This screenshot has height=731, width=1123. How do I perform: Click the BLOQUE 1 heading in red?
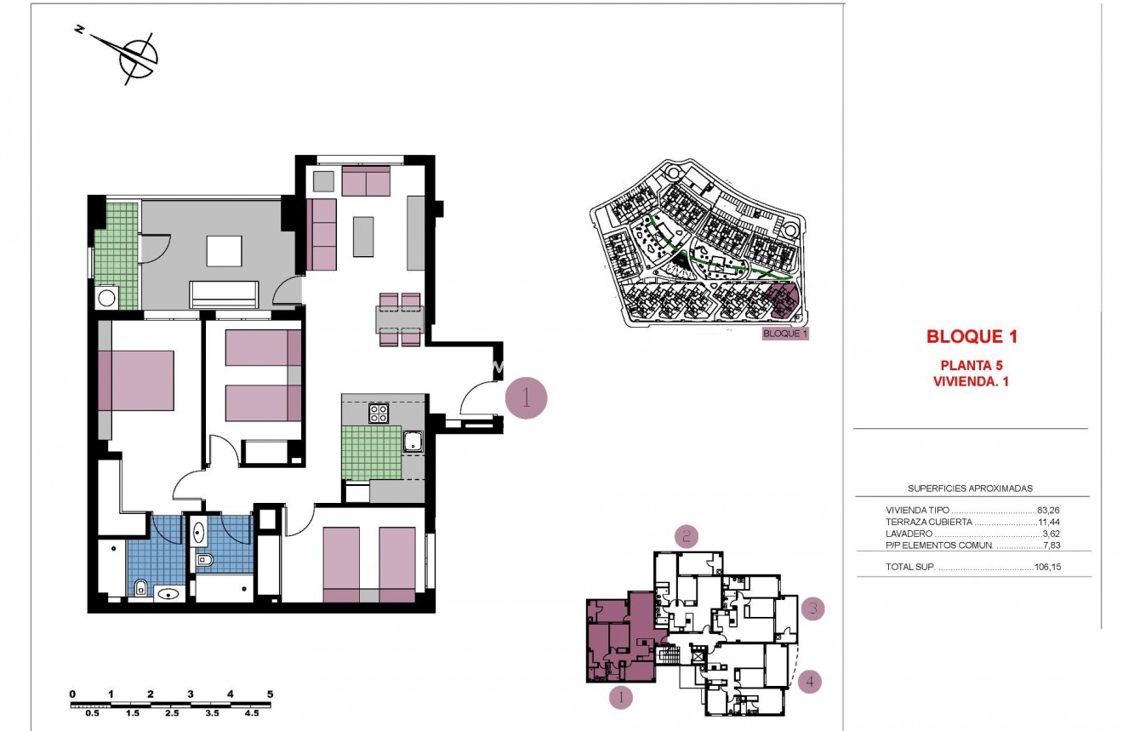(972, 337)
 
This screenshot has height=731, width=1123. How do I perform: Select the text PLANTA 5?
(972, 366)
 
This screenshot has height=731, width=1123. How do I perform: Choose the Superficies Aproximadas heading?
(970, 488)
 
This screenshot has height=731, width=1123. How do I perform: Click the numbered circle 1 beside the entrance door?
(526, 397)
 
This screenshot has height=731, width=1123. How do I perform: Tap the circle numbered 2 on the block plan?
(687, 536)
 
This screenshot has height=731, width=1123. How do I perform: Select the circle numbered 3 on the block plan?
(813, 608)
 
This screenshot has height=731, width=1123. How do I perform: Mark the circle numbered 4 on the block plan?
(811, 682)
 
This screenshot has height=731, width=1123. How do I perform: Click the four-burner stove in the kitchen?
(379, 414)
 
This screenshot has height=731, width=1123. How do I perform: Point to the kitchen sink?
(413, 441)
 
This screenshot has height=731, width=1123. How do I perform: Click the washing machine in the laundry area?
(107, 298)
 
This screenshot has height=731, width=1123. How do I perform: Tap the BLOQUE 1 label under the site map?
(784, 334)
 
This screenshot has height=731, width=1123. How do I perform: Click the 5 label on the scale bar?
(270, 694)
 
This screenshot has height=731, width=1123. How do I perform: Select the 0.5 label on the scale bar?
(92, 713)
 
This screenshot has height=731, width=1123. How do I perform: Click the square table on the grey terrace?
(224, 251)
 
